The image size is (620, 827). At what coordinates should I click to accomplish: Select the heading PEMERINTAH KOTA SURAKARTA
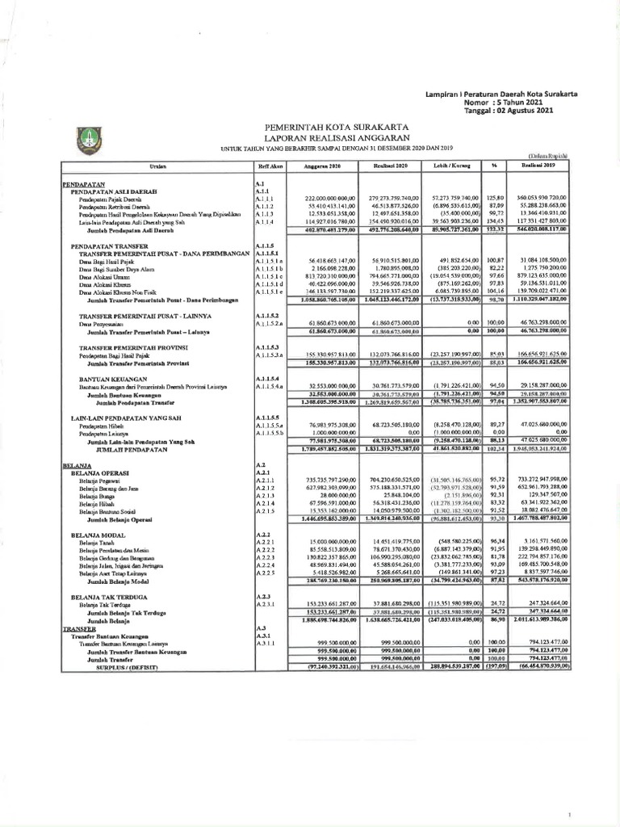pyautogui.click(x=337, y=128)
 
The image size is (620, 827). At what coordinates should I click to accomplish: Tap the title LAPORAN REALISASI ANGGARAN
pyautogui.click(x=337, y=138)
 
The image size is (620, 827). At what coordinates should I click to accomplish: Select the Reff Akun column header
pyautogui.click(x=263, y=165)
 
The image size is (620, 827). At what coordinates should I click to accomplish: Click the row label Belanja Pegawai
pyautogui.click(x=101, y=481)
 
